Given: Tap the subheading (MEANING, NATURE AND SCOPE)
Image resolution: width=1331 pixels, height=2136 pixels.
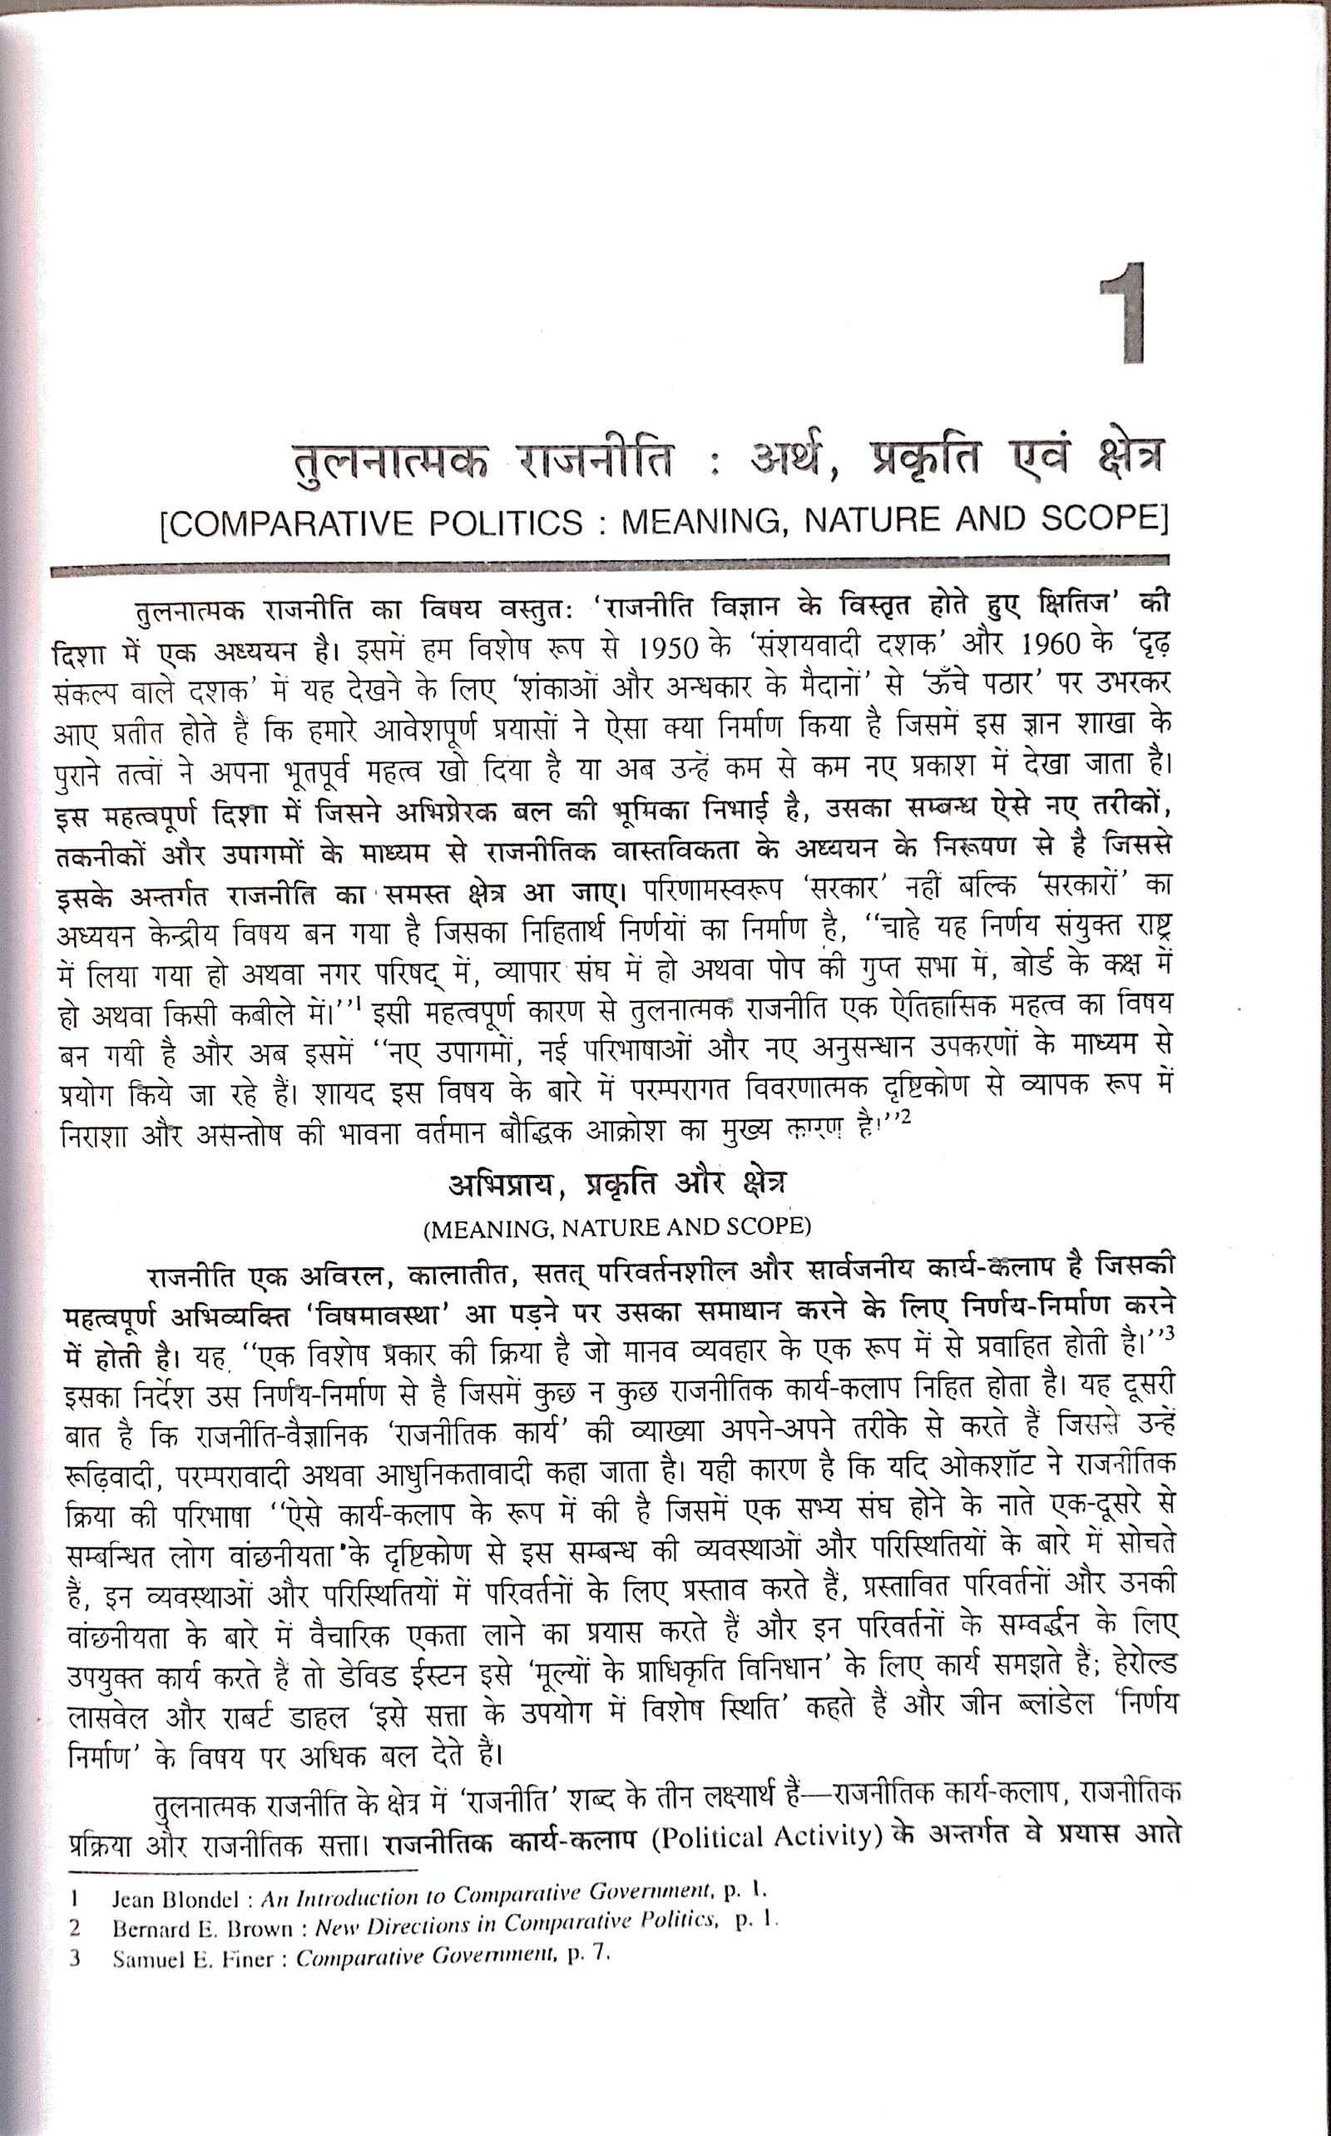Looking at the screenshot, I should [x=617, y=1227].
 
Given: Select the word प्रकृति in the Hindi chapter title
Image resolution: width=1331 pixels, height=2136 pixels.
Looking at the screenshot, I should [x=924, y=458].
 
